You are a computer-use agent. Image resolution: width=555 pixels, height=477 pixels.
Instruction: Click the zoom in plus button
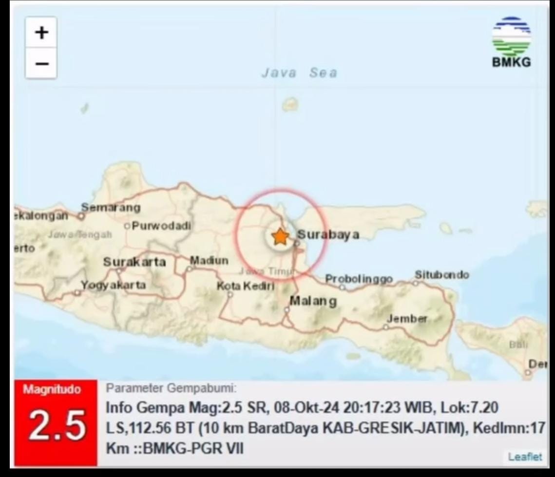[41, 33]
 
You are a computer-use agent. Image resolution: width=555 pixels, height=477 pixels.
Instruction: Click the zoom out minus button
[41, 63]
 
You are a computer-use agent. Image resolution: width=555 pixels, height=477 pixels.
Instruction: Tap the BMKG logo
[511, 42]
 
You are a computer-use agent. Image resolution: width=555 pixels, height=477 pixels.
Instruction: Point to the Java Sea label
[299, 73]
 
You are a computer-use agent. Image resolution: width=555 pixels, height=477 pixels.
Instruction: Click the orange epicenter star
[280, 237]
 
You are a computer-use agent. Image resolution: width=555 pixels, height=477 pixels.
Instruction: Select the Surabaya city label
[328, 235]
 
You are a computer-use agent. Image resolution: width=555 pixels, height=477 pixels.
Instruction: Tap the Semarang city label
[111, 208]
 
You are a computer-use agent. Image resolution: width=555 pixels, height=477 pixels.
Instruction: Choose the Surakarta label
[134, 262]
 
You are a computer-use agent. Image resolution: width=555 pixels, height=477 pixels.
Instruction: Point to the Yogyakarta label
[113, 285]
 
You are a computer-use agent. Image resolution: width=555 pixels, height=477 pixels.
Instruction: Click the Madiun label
[209, 261]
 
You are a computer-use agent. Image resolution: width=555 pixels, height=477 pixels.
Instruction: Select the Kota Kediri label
[246, 286]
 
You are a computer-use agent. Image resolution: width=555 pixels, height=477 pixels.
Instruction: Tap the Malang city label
[313, 301]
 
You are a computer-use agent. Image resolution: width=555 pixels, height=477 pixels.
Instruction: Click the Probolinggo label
[359, 279]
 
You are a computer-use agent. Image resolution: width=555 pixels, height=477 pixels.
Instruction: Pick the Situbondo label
[441, 275]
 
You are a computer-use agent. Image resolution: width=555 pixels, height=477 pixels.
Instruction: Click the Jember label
[406, 319]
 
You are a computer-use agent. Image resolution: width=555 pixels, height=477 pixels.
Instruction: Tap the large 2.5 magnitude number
[56, 425]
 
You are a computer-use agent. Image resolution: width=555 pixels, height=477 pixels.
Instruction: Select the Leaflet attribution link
[524, 457]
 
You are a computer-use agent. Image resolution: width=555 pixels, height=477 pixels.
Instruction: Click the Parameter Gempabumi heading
[171, 388]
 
